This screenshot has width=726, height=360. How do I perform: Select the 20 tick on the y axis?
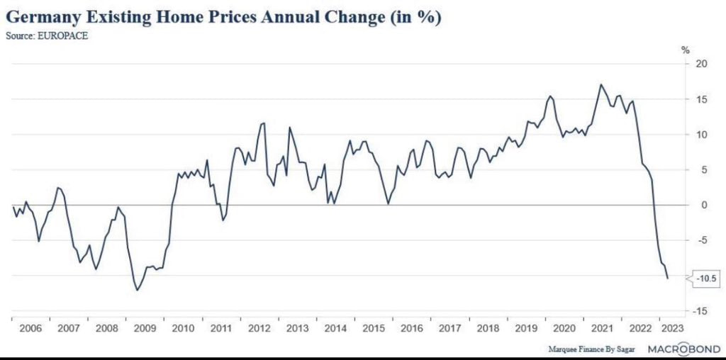pos(700,64)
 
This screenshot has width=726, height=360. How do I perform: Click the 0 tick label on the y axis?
pos(703,206)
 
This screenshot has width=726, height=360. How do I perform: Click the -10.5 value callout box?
pos(706,279)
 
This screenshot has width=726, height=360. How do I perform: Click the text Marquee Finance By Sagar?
pos(592,349)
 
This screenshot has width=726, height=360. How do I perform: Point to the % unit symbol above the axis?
pos(685,50)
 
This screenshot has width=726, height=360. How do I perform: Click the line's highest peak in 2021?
pos(601,85)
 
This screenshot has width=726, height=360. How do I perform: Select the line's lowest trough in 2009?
pos(138,290)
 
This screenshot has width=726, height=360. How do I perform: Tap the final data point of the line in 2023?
pos(667,279)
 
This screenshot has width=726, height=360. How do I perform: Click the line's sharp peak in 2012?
pos(264,123)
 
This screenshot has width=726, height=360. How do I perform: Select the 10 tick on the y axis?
pos(700,135)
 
